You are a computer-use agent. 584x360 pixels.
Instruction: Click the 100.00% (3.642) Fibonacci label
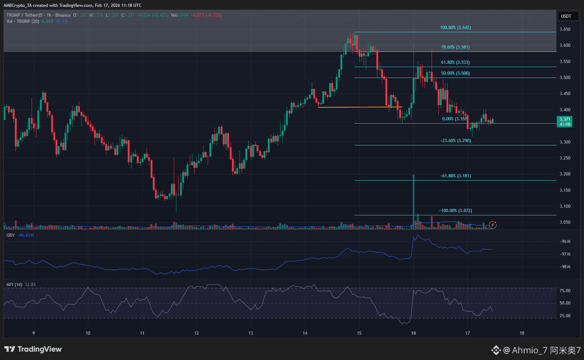point(455,28)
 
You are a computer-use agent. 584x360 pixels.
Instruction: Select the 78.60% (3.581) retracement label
point(455,47)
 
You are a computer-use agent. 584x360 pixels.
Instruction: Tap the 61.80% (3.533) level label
point(455,62)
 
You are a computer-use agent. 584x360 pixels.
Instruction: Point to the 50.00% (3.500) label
point(455,73)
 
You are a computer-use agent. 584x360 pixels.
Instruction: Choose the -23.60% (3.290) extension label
point(455,141)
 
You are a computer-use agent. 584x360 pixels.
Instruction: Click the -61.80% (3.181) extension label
point(455,176)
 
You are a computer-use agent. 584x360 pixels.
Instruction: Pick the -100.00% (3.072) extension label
point(455,211)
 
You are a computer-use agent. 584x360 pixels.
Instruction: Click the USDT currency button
point(566,16)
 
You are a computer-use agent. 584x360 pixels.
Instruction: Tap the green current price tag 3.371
point(564,119)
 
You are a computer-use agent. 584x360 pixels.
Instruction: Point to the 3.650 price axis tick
point(565,29)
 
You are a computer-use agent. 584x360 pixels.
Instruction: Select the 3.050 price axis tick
point(565,222)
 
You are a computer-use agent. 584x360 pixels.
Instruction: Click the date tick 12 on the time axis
point(196,333)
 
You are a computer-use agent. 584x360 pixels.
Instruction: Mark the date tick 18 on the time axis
point(522,333)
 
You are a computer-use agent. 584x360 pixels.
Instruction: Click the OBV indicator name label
point(11,235)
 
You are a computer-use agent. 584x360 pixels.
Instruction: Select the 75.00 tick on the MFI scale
point(565,291)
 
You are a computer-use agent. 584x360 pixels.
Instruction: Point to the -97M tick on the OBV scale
point(565,254)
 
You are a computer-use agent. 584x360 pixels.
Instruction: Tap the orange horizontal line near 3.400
point(359,107)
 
